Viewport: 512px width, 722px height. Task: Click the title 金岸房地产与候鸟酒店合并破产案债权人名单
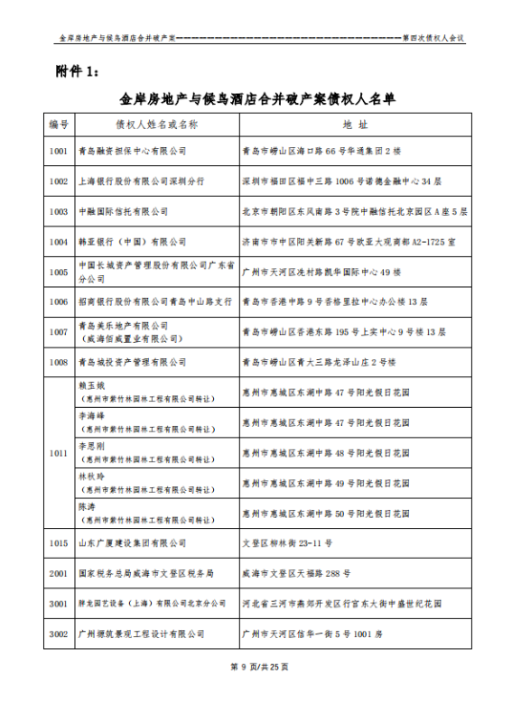pyautogui.click(x=256, y=97)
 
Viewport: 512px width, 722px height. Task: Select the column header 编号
pyautogui.click(x=59, y=124)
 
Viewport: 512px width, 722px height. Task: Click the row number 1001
pyautogui.click(x=59, y=151)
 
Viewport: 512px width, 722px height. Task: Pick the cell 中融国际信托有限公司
pyautogui.click(x=124, y=211)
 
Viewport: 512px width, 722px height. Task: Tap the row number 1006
pyautogui.click(x=59, y=301)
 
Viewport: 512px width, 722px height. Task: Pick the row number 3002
pyautogui.click(x=59, y=634)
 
